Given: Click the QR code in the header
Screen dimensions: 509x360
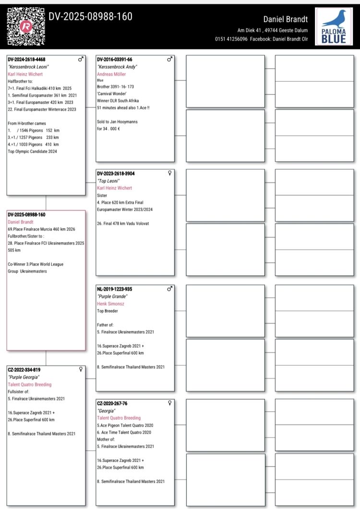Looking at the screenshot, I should pyautogui.click(x=26, y=27).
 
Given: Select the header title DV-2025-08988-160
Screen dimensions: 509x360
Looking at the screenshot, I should pyautogui.click(x=91, y=17).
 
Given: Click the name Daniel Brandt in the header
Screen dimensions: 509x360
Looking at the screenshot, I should pyautogui.click(x=286, y=19).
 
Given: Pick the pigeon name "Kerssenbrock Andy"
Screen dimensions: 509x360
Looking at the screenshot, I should pyautogui.click(x=118, y=67).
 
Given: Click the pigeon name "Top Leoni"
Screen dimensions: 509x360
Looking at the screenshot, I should pyautogui.click(x=108, y=181).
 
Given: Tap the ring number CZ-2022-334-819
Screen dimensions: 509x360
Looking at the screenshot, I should pyautogui.click(x=24, y=370).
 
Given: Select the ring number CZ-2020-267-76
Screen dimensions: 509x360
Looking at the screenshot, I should pyautogui.click(x=112, y=404).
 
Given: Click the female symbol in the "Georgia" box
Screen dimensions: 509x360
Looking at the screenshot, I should pyautogui.click(x=169, y=403).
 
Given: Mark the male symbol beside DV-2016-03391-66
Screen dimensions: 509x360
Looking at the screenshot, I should pyautogui.click(x=169, y=59).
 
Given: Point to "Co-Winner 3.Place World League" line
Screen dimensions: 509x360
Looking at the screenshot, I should pyautogui.click(x=36, y=264).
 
